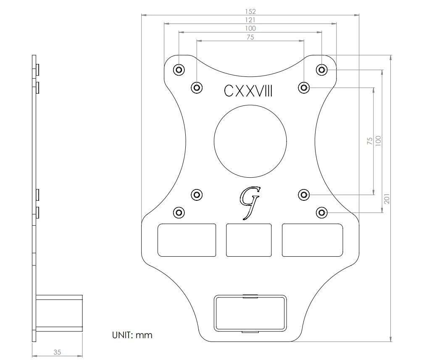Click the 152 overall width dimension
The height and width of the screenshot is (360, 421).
coord(250,11)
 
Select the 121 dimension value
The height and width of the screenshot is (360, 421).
coord(250,20)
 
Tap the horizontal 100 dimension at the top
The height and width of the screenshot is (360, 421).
coord(250,28)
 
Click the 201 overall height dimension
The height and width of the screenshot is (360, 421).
coord(387,198)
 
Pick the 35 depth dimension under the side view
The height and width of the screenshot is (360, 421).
coord(57,352)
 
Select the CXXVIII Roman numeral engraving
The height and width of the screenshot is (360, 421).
coord(248,91)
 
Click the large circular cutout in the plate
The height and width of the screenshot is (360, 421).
coord(250,140)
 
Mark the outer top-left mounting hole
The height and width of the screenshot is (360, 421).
coord(179,69)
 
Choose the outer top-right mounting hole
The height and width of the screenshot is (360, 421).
coord(322,69)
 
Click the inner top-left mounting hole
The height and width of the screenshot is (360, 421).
coord(197,87)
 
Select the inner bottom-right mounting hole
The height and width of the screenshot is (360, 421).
coord(304,194)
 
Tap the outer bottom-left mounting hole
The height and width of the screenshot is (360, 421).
coord(179,212)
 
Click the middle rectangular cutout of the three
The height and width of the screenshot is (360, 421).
coord(249,240)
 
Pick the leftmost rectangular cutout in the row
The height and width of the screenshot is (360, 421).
coord(187,240)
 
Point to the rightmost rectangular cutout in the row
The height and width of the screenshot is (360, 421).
coord(312,240)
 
